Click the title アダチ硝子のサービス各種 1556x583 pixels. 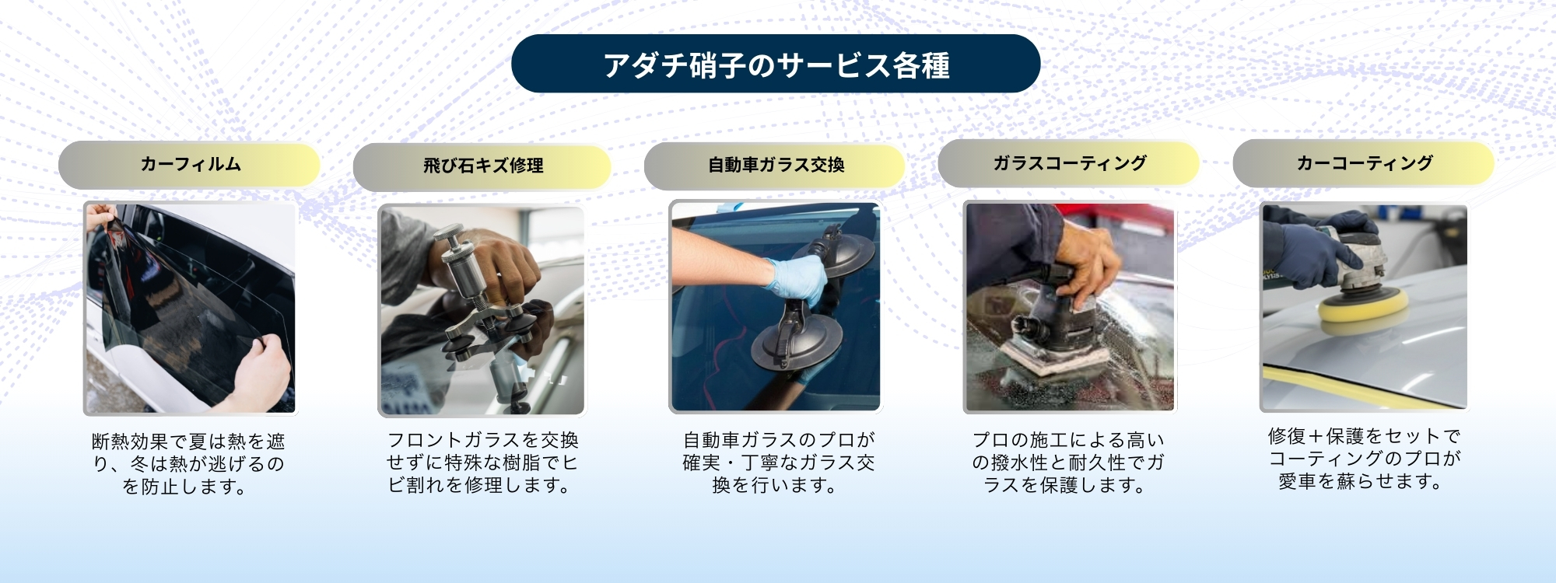[776, 64]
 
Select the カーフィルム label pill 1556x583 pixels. [189, 165]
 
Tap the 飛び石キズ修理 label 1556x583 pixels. [482, 166]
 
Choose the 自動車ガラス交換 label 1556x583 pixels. [775, 166]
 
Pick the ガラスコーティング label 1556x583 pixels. [1069, 163]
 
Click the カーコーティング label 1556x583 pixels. [1364, 163]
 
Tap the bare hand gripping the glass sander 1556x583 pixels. [1086, 264]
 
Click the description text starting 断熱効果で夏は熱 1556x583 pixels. [188, 464]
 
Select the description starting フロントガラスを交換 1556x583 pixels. [482, 463]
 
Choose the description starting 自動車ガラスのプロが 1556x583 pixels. [778, 463]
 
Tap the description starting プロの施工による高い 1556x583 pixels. [1067, 463]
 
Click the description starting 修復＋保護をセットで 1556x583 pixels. [1364, 459]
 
